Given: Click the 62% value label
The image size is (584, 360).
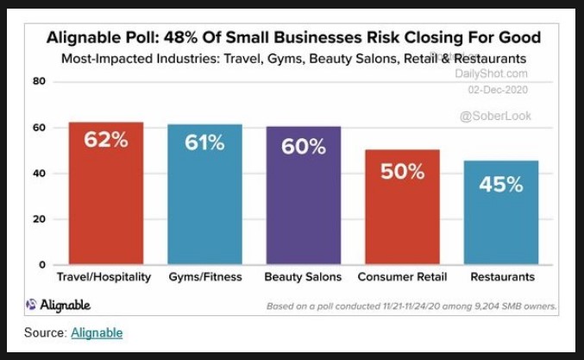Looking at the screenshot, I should click(106, 140).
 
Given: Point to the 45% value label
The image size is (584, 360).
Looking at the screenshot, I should click(501, 185).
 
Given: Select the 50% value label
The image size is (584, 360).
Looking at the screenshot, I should click(402, 171).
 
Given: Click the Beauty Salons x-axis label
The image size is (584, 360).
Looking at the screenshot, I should click(303, 277).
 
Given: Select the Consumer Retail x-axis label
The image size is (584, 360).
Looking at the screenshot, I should click(402, 277).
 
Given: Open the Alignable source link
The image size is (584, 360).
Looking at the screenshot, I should click(97, 332).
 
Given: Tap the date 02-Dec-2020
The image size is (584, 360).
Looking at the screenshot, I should click(497, 90).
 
